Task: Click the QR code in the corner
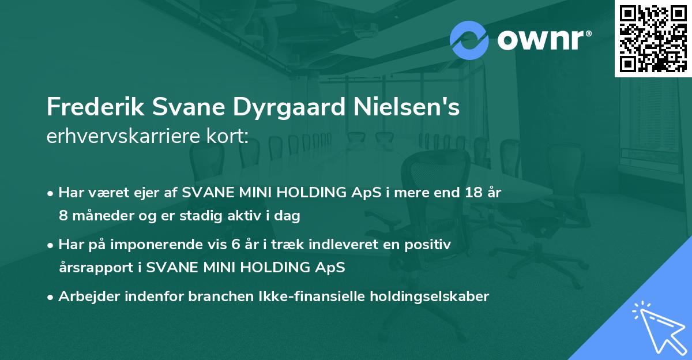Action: click(x=653, y=38)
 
